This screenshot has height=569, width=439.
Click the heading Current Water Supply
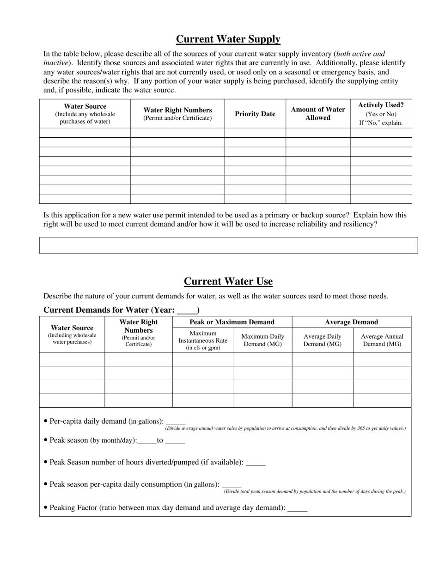tap(228, 39)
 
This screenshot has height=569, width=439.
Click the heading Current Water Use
tap(228, 281)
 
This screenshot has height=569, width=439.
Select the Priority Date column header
tap(255, 114)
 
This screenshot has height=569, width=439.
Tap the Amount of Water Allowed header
tap(318, 114)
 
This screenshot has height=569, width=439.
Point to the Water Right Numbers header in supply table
tap(177, 114)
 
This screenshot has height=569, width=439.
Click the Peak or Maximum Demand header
tap(232, 322)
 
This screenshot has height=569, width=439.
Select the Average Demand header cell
tap(351, 322)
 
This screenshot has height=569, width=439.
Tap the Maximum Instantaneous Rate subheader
tap(203, 340)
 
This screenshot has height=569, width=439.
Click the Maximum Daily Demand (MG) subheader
tap(262, 340)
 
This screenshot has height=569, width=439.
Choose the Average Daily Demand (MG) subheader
tap(322, 340)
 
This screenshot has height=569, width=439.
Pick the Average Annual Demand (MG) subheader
tap(382, 340)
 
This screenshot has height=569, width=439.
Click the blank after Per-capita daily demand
tap(175, 422)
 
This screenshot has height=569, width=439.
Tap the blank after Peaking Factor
tap(297, 508)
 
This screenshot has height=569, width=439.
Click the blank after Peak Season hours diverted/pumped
tap(256, 463)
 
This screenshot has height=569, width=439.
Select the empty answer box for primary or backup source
tap(228, 245)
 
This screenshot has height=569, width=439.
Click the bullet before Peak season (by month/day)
tap(45, 440)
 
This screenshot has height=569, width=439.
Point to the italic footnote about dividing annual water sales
tap(285, 428)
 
